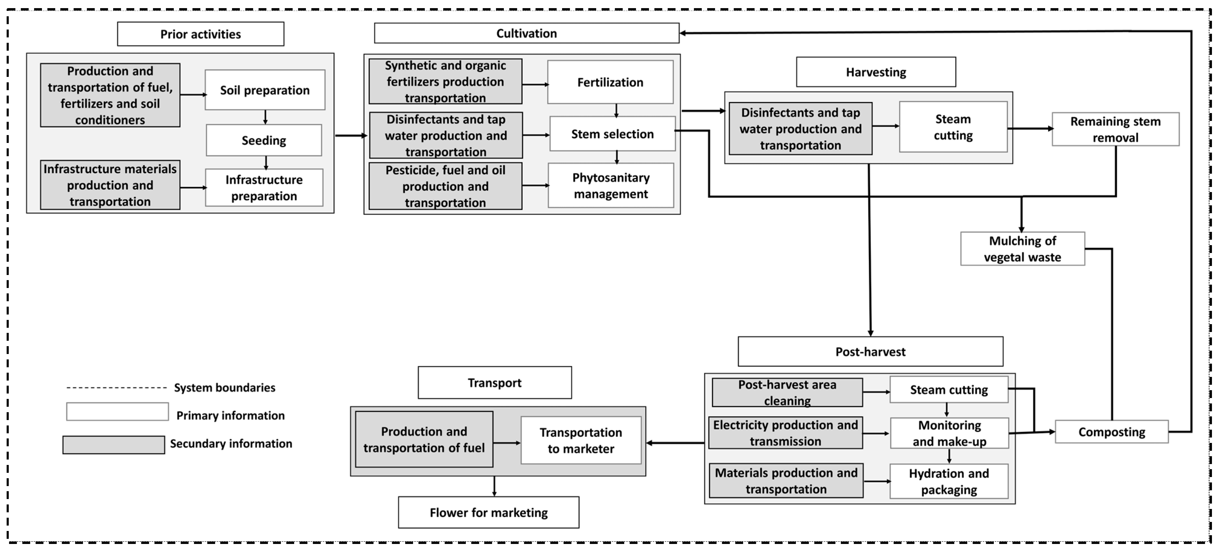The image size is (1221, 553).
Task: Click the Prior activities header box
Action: (201, 34)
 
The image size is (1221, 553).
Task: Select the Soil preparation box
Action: (265, 90)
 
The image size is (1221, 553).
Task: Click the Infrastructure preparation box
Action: (264, 188)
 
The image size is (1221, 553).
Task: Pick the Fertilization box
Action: (610, 82)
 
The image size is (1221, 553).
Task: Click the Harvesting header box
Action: (876, 72)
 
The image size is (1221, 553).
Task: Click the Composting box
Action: (1111, 432)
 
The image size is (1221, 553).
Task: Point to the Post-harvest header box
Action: (870, 352)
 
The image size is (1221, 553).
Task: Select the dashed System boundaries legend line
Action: (116, 388)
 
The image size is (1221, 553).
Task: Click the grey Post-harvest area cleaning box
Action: (787, 392)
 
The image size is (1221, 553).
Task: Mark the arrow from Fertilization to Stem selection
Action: (616, 110)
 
